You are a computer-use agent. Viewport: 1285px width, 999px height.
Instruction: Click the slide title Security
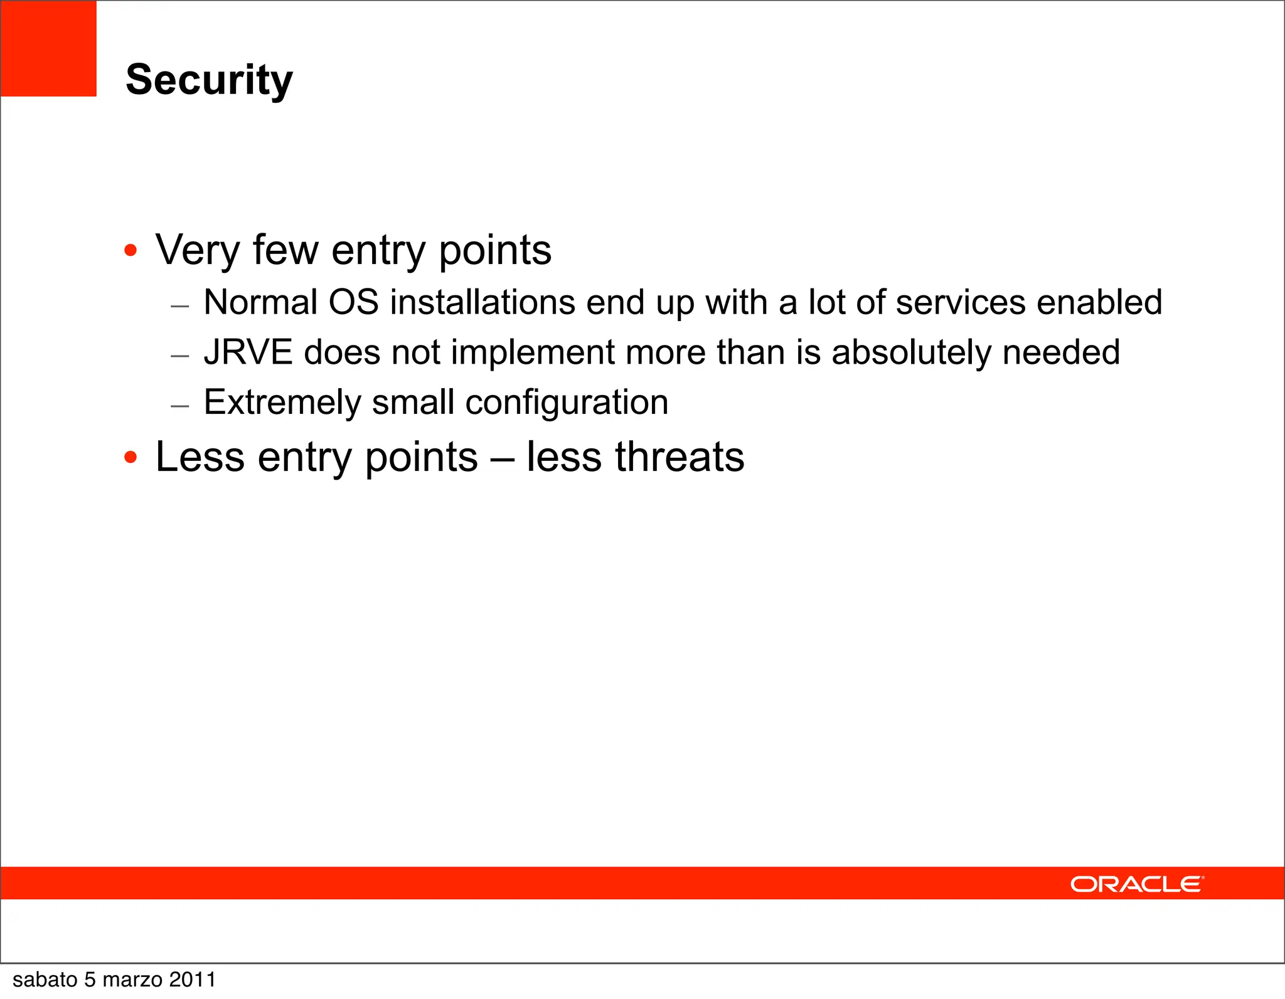tap(209, 80)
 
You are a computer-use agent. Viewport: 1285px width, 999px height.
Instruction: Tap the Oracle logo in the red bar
tap(1136, 884)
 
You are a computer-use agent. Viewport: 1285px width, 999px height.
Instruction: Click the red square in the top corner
tap(48, 48)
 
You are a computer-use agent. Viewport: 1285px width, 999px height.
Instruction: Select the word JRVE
tap(248, 352)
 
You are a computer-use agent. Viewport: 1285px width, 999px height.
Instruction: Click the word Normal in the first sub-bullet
tap(260, 303)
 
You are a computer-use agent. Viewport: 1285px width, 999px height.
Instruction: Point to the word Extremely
tap(282, 403)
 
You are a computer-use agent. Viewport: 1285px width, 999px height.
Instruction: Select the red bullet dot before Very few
tap(131, 251)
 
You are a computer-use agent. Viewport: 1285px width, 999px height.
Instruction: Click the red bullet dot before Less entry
tap(131, 457)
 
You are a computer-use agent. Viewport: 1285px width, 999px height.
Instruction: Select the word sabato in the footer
tap(45, 980)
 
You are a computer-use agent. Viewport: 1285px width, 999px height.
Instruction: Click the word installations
tap(483, 303)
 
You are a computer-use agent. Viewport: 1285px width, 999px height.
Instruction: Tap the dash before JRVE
tap(180, 356)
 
